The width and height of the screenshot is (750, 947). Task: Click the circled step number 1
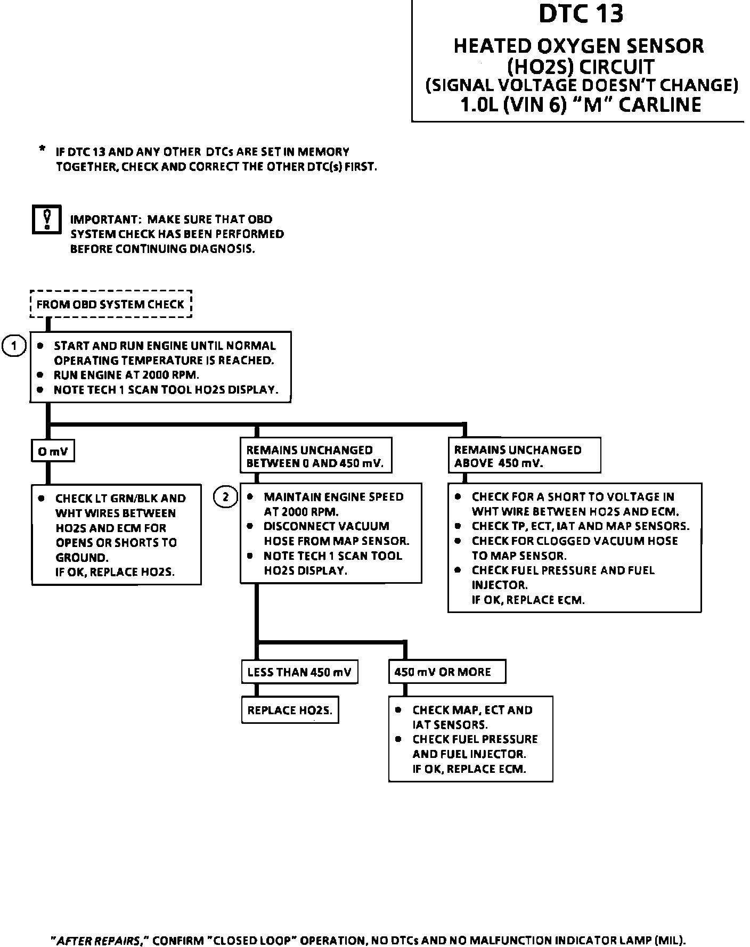coord(14,346)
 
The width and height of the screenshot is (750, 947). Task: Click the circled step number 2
coord(225,497)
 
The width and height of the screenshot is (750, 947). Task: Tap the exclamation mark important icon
coord(47,219)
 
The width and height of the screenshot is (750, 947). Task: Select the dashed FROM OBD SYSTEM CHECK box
coord(110,304)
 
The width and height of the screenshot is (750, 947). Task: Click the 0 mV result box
coord(52,451)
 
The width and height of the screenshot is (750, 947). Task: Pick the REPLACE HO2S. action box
coord(290,710)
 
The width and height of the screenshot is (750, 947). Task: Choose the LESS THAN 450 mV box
coord(299,672)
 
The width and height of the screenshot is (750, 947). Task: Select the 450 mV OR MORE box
coord(446,672)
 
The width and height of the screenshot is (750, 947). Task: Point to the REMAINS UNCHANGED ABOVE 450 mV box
coord(524,456)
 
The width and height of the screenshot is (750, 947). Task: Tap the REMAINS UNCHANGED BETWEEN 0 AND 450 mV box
coord(315,456)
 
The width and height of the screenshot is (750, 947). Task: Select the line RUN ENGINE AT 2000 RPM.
coord(126,375)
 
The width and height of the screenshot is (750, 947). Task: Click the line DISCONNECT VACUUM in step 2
coord(326,526)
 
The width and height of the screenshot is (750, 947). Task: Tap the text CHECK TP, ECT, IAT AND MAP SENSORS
coord(580,526)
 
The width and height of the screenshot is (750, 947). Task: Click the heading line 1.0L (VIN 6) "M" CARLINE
coord(580,104)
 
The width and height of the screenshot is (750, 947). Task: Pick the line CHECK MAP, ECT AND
coord(472,710)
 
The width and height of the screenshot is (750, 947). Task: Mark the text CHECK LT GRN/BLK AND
coord(120,499)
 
